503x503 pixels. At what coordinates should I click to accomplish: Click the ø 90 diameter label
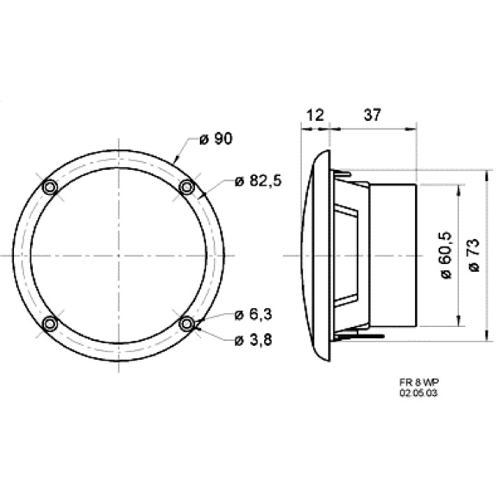pyautogui.click(x=216, y=139)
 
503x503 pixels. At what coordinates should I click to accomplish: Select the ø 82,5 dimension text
pyautogui.click(x=258, y=181)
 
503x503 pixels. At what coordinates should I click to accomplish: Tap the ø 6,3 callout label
pyautogui.click(x=254, y=314)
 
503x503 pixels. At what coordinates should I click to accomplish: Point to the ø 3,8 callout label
pyautogui.click(x=254, y=340)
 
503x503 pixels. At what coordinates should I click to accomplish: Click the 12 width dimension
pyautogui.click(x=316, y=115)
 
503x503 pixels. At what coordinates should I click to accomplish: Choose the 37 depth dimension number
pyautogui.click(x=372, y=115)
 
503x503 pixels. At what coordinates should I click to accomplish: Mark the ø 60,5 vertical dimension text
pyautogui.click(x=446, y=254)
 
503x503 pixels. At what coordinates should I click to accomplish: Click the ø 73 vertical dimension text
pyautogui.click(x=474, y=255)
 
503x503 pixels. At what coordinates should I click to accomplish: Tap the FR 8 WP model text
pyautogui.click(x=419, y=382)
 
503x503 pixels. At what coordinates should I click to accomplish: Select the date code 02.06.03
pyautogui.click(x=418, y=393)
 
